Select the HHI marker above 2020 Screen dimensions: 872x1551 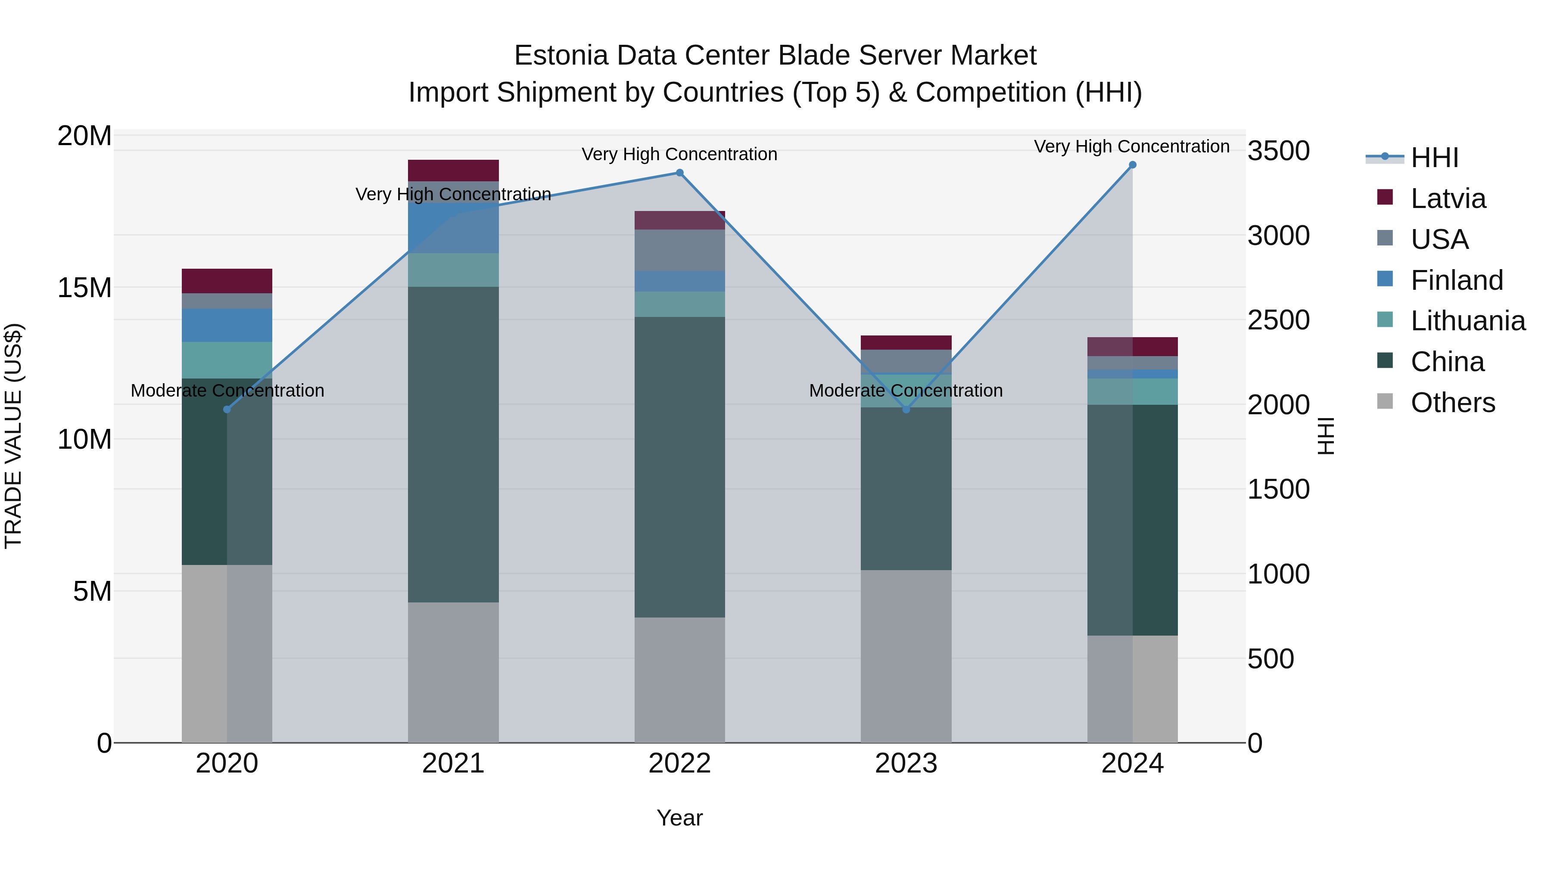tap(227, 409)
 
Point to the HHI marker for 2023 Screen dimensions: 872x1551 tap(906, 409)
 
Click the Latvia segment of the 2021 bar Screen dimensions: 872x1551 tap(453, 170)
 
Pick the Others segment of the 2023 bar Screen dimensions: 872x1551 tap(906, 656)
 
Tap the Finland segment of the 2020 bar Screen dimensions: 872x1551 tap(227, 325)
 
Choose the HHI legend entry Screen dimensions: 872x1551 tap(1433, 158)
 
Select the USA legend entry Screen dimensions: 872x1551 tap(1439, 239)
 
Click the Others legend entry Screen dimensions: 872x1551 tap(1452, 403)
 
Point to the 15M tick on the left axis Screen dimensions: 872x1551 tap(84, 288)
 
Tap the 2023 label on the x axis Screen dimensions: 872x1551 tap(906, 763)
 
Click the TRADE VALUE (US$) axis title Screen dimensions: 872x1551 tap(13, 436)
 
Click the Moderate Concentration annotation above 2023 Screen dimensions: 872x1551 tap(906, 391)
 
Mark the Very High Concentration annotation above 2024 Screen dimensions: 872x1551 tap(1132, 146)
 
